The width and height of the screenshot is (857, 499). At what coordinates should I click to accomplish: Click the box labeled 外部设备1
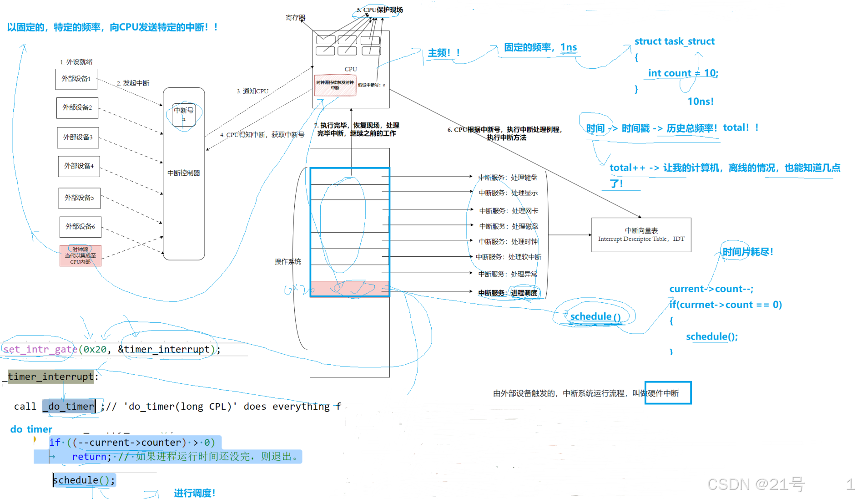click(76, 79)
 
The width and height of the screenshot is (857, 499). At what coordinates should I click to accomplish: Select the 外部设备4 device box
click(79, 166)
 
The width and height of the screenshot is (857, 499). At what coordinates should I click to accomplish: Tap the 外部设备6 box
click(81, 227)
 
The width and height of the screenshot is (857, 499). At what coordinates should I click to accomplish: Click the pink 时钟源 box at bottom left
click(81, 255)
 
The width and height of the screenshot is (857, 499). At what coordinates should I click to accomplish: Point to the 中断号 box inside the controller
click(184, 114)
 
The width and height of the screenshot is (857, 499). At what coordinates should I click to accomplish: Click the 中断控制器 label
click(184, 173)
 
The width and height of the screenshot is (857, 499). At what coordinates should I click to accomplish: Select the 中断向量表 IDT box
click(641, 235)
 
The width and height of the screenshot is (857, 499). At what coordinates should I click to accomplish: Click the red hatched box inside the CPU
click(335, 85)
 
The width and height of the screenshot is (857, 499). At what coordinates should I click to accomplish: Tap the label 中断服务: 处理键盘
click(508, 178)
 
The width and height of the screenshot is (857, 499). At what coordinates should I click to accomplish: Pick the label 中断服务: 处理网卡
click(509, 211)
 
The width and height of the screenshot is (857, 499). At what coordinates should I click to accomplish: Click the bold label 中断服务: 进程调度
click(508, 293)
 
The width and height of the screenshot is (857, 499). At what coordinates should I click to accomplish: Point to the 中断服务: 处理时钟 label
click(508, 242)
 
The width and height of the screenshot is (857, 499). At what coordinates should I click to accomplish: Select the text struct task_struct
click(675, 41)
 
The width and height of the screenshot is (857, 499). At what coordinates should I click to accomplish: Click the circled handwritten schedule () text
click(595, 316)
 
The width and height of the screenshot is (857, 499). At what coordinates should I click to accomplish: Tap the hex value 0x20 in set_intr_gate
click(95, 349)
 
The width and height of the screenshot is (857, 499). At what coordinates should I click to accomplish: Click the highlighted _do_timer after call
click(71, 406)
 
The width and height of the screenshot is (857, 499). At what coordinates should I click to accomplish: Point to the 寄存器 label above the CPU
click(295, 18)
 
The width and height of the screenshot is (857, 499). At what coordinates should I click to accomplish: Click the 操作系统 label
click(288, 262)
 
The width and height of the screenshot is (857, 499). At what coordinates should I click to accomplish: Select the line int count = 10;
click(683, 73)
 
